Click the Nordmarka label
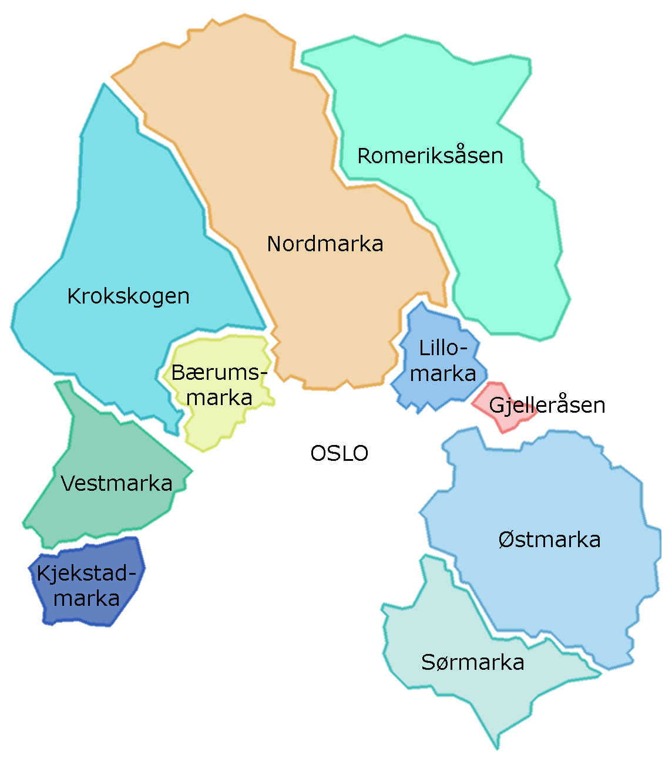(325, 244)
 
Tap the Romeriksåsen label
(430, 156)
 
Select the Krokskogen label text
(128, 296)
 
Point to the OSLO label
(339, 453)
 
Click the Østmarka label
(549, 540)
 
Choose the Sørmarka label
(472, 662)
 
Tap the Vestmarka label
(116, 483)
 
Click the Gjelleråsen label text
(546, 405)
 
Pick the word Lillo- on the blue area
(443, 348)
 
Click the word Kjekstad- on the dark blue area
(90, 573)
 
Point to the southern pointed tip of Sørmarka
(497, 747)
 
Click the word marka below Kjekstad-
(86, 598)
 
